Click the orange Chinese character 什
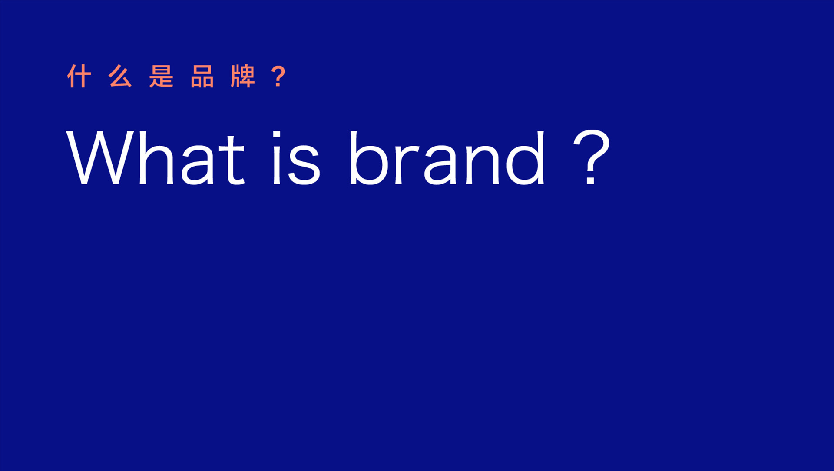coord(79,76)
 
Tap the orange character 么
coord(120,76)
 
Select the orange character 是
coord(161,76)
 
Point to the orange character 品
coord(202,76)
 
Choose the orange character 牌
coord(243,76)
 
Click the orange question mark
coord(278,76)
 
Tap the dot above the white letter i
coord(277,134)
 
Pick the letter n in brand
coord(482,164)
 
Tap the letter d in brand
coord(525,158)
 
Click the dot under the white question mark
coord(591,180)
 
